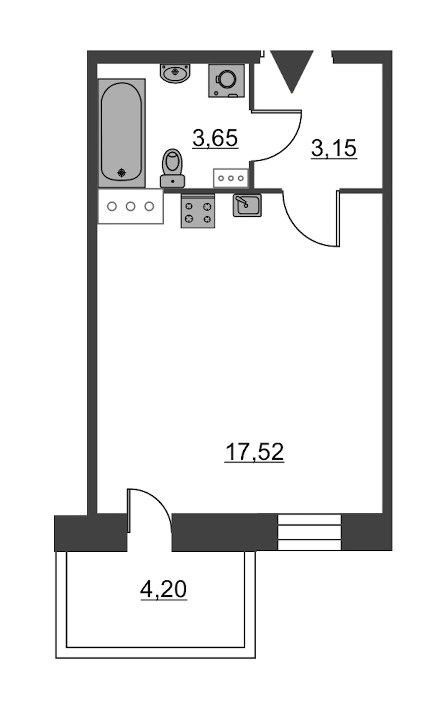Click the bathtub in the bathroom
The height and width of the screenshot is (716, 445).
click(x=122, y=133)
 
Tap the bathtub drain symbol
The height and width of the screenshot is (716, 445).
click(x=122, y=173)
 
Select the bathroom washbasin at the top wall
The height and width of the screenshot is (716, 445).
click(x=176, y=73)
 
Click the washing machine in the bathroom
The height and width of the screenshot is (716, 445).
click(x=226, y=81)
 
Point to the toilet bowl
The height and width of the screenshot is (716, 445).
click(x=173, y=162)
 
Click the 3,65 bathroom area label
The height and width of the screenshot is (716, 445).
click(x=215, y=139)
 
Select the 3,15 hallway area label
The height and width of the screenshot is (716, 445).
click(x=334, y=148)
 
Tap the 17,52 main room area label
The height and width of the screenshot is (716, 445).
click(x=255, y=452)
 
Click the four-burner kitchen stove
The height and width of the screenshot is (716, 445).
click(x=198, y=211)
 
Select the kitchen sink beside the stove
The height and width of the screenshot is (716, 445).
click(x=247, y=205)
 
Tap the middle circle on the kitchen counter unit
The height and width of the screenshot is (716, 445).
click(x=131, y=206)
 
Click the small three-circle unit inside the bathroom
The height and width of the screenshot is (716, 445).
click(x=231, y=178)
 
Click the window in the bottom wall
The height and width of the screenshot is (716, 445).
click(x=310, y=532)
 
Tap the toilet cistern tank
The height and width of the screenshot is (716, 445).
click(x=173, y=181)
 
